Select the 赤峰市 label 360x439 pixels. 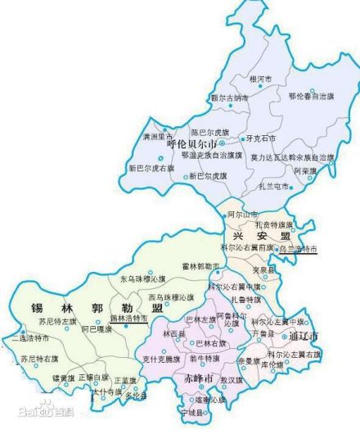tap(198, 379)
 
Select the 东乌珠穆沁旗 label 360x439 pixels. tap(142, 279)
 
